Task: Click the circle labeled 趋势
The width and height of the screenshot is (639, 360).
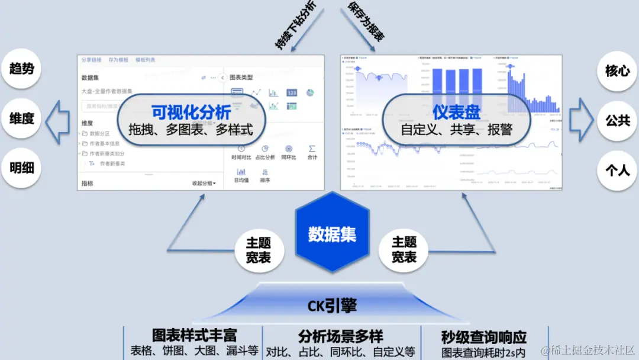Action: [22, 69]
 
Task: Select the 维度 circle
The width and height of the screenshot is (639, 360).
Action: [22, 118]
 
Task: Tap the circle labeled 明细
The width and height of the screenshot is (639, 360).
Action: [22, 168]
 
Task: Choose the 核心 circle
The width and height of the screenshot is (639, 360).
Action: [617, 71]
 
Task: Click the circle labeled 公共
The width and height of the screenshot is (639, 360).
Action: [617, 121]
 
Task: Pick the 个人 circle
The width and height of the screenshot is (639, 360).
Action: [617, 171]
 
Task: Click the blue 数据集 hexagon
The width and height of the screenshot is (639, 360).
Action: [332, 234]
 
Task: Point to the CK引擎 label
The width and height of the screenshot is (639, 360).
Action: [332, 306]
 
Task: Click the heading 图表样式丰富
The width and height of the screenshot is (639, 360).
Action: [194, 335]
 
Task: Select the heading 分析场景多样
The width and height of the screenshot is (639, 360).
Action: [340, 337]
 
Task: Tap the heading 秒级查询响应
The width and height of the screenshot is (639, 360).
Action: [483, 337]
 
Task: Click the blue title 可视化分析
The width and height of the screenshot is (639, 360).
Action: [191, 112]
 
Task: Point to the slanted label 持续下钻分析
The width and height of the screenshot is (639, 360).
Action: [295, 25]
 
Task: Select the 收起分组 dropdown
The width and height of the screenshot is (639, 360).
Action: [204, 184]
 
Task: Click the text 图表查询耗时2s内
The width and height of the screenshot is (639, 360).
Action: [483, 352]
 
